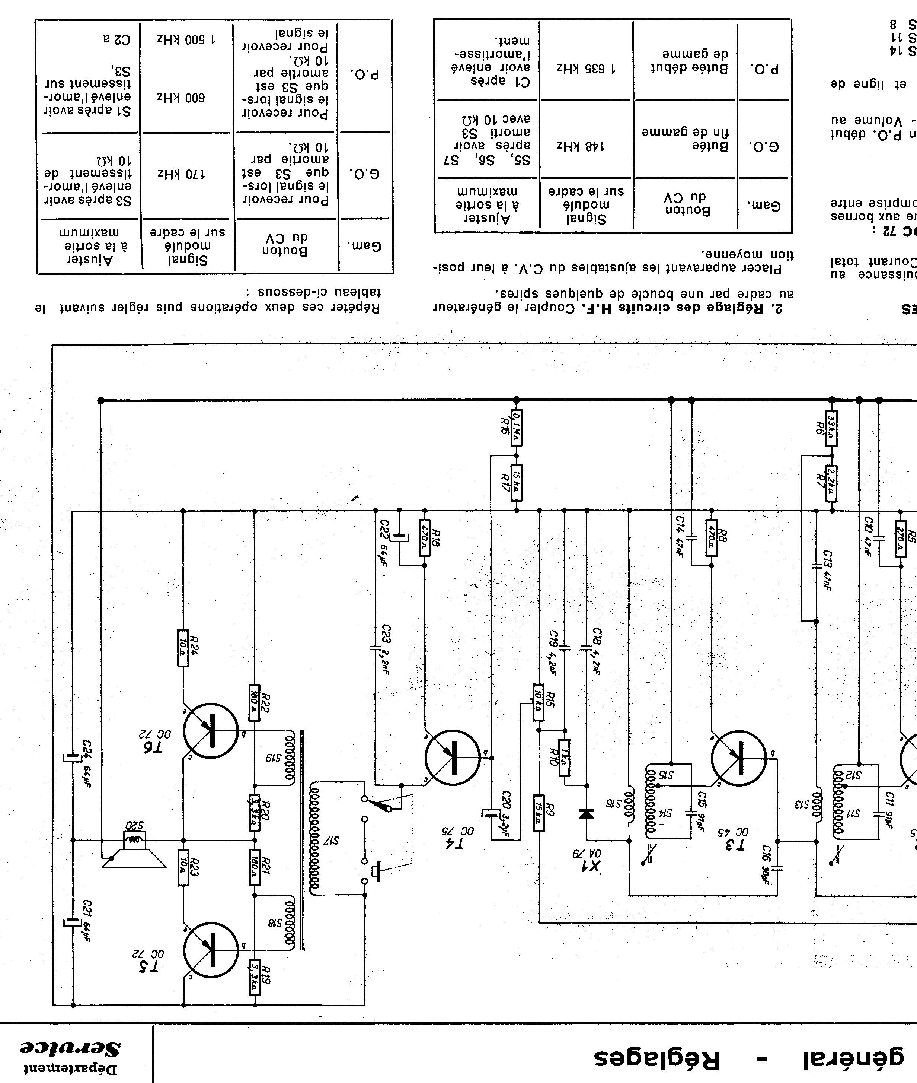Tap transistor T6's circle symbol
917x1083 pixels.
(x=211, y=730)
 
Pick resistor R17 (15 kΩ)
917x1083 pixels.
(x=516, y=483)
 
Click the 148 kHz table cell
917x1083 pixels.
(x=585, y=147)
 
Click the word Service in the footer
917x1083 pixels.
(x=70, y=1048)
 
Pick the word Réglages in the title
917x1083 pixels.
(x=658, y=1058)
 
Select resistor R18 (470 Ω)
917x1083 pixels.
(x=424, y=537)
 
